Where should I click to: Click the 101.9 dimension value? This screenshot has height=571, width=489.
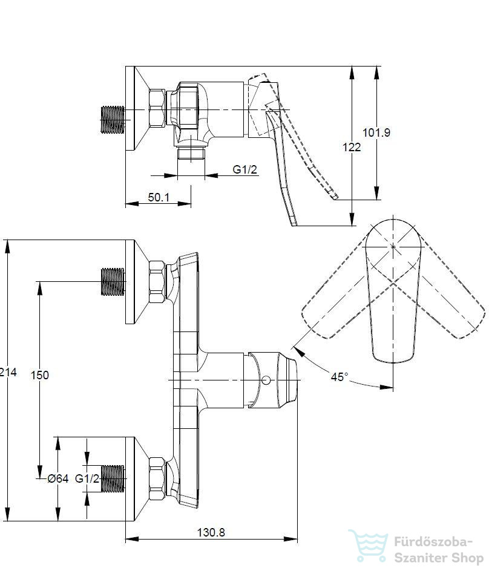376,132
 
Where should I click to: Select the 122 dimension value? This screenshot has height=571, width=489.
352,147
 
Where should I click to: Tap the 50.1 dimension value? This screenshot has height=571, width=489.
159,197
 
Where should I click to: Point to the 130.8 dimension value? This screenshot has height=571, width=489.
211,532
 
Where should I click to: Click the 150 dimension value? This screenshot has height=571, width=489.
40,375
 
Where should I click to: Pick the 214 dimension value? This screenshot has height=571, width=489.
8,372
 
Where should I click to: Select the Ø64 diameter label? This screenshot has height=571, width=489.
58,478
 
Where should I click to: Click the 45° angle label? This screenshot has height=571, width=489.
340,377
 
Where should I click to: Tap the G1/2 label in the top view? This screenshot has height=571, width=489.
245,169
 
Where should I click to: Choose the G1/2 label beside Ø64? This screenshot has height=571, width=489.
87,478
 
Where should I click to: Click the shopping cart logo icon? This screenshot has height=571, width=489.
369,545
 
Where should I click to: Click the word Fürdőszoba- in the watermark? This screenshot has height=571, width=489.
433,541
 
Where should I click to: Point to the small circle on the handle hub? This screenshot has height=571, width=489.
266,380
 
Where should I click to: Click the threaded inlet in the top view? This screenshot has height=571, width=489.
112,119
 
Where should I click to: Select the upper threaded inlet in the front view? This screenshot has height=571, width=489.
113,281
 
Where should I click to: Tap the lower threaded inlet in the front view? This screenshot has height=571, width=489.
113,478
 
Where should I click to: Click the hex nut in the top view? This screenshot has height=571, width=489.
157,108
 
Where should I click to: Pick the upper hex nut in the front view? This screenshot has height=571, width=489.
157,281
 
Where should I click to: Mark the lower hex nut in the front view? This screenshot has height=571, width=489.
157,478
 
